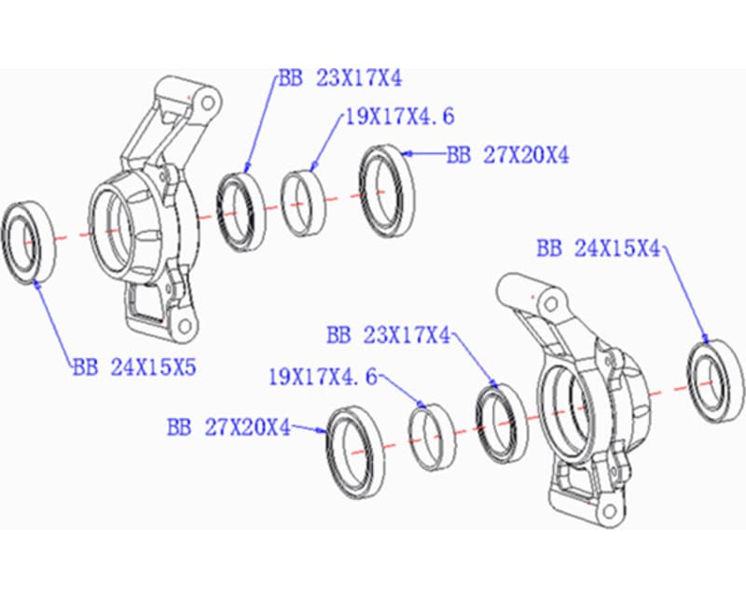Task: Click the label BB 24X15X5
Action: tap(133, 368)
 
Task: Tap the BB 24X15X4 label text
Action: tap(598, 249)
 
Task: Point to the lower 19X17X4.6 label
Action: tap(323, 378)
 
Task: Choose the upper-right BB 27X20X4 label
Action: tap(507, 156)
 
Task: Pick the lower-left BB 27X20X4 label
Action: tap(228, 428)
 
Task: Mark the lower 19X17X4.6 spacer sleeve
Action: tap(434, 435)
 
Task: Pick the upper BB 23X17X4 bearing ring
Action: tap(241, 211)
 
